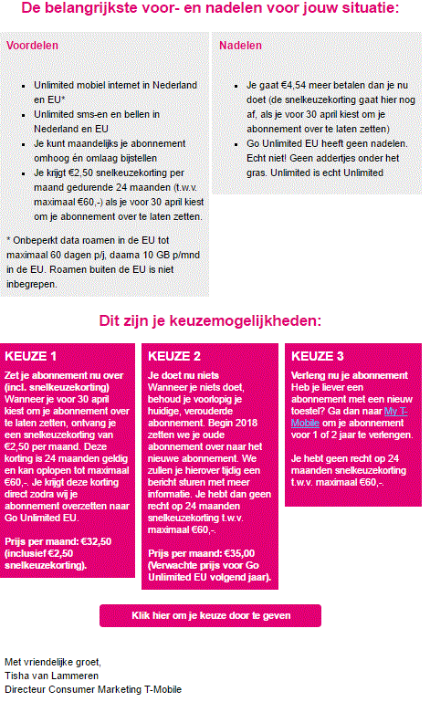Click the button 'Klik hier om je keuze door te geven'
[210, 615]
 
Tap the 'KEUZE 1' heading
[31, 356]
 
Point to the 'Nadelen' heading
[241, 45]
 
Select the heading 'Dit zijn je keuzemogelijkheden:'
[210, 321]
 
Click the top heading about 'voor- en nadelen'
[210, 10]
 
